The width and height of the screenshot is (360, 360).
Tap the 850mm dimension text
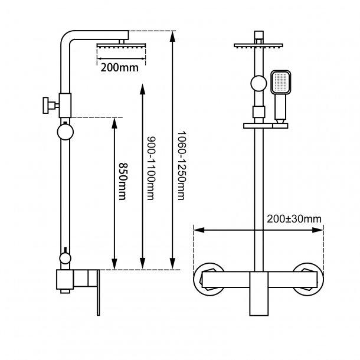[122, 181]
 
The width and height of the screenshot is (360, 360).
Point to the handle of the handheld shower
[279, 109]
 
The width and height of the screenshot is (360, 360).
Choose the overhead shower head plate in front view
[258, 45]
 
